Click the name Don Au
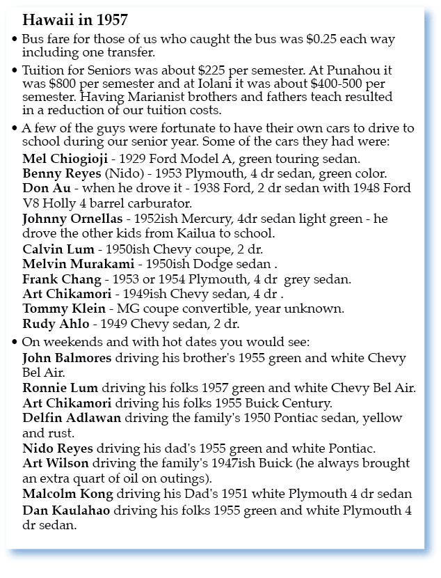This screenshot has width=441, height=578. click(x=45, y=188)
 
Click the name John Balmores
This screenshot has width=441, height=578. click(x=67, y=358)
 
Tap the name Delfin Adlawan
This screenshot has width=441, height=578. click(x=72, y=417)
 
